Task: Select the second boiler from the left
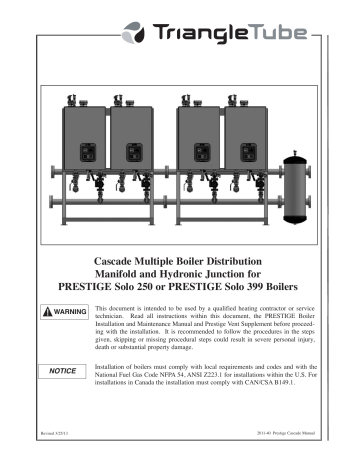pyautogui.click(x=130, y=139)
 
